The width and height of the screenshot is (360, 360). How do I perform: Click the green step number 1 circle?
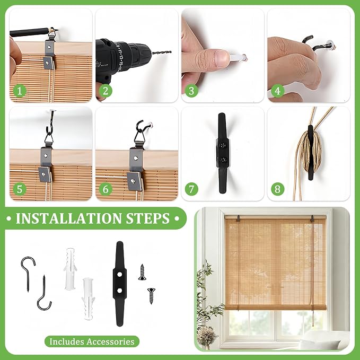(20, 91)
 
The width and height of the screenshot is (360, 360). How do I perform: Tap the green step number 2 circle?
(106, 91)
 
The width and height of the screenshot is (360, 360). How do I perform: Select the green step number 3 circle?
(191, 91)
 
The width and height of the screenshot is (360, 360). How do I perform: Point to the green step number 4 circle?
(278, 91)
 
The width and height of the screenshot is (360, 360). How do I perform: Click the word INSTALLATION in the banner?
(68, 218)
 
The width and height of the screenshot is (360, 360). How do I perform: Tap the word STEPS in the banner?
(148, 218)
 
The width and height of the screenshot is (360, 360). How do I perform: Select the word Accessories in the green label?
(110, 341)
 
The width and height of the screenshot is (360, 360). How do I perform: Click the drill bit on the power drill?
(162, 52)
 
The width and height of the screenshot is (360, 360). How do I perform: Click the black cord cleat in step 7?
(222, 153)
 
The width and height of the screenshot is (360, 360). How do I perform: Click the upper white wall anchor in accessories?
(70, 269)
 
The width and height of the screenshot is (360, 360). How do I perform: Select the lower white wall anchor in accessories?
(88, 299)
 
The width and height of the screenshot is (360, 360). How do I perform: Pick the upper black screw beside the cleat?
(142, 273)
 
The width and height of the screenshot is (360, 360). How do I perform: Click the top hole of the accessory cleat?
(119, 274)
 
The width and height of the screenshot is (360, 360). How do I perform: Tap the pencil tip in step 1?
(57, 30)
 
